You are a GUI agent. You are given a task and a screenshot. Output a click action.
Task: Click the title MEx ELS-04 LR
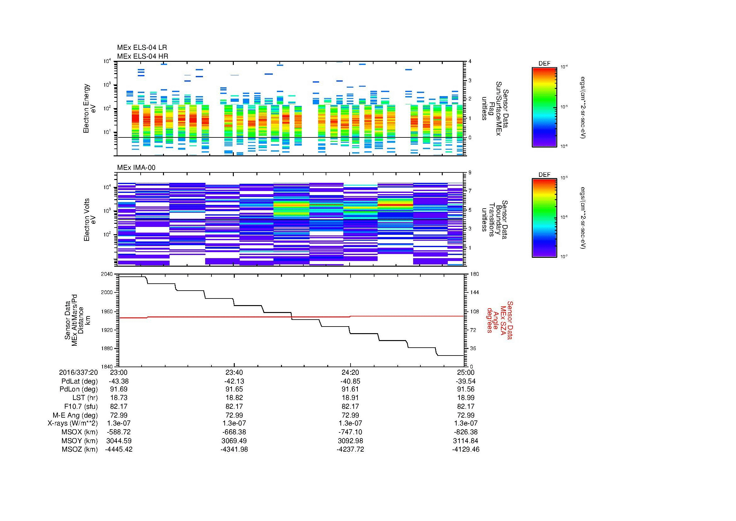click(142, 48)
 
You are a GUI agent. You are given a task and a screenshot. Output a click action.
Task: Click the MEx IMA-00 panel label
click(136, 168)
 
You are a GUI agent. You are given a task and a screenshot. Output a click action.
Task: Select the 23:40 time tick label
click(234, 372)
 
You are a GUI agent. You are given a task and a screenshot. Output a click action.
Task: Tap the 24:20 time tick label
click(350, 372)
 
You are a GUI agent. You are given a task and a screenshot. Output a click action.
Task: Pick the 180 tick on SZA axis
click(474, 274)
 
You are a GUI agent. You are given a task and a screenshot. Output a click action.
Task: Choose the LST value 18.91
click(350, 397)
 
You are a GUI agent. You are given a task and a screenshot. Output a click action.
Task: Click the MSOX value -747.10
click(350, 432)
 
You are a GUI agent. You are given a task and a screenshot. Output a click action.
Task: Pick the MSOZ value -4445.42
click(119, 449)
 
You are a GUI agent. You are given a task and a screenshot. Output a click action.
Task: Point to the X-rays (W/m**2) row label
click(73, 423)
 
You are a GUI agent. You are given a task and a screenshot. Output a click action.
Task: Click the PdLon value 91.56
click(466, 389)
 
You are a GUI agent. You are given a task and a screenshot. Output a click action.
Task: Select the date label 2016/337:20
click(78, 372)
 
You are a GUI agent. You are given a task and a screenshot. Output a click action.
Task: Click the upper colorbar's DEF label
click(544, 64)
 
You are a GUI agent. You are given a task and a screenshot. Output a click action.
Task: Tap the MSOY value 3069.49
click(234, 441)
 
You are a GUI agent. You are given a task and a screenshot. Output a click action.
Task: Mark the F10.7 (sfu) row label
click(81, 406)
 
